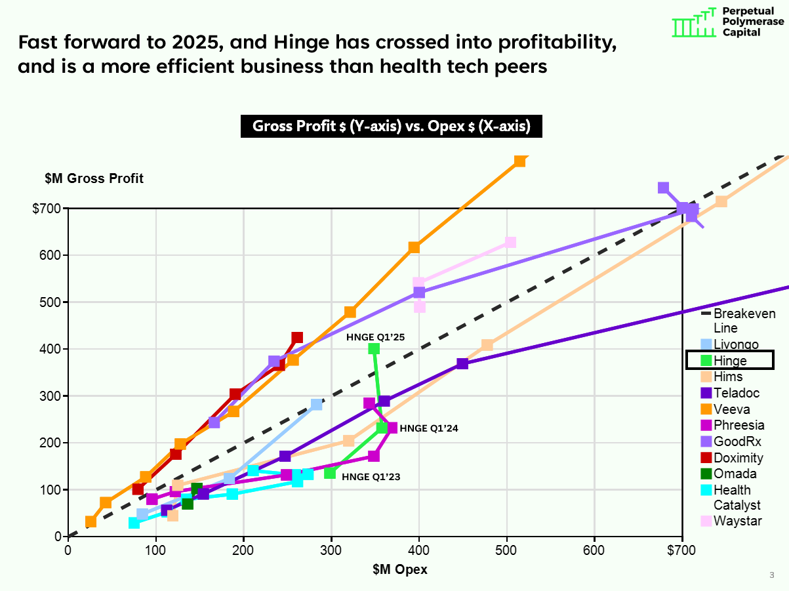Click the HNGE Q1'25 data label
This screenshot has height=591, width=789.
point(375,337)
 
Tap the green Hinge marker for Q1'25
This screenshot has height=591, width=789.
point(374,349)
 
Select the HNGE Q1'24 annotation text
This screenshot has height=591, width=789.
point(429,428)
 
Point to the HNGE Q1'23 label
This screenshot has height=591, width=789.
point(371,477)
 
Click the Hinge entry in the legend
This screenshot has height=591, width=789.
point(729,360)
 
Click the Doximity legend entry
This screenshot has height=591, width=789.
point(738,458)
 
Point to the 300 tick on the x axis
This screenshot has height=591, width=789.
point(331,550)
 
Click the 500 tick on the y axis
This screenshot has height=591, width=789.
point(52,302)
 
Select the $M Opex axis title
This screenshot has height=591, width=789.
point(401,569)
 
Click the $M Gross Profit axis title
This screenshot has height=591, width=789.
point(94,178)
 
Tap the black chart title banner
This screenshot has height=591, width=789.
point(391,126)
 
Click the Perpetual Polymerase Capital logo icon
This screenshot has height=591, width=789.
point(693,23)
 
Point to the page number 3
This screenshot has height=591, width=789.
point(771,575)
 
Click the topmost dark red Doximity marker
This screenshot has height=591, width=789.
point(297,338)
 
